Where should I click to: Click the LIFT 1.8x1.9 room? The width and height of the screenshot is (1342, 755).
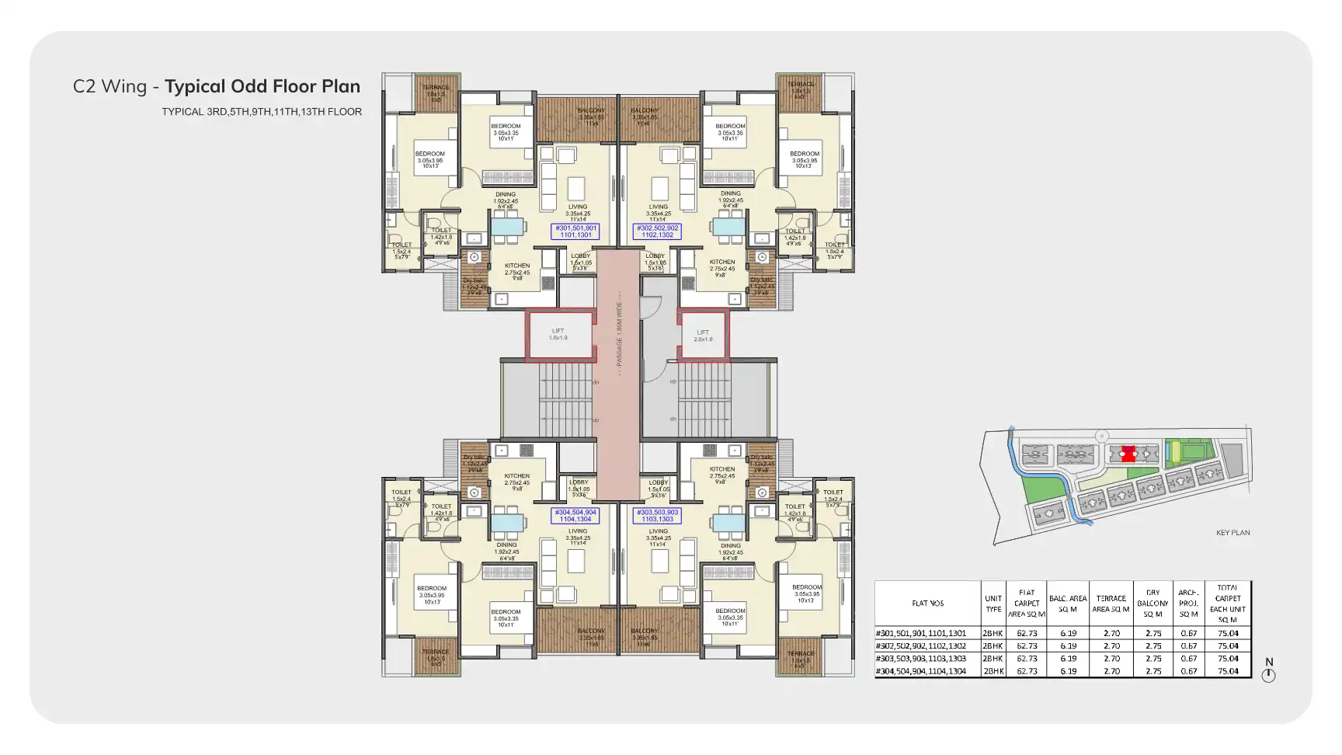tap(558, 335)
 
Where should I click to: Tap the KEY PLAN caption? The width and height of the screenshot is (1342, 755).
tap(1232, 533)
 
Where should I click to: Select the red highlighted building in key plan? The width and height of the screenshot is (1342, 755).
tap(1128, 454)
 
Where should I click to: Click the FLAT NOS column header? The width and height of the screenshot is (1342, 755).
tap(927, 604)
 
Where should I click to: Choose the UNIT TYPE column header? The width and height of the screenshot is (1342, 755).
tap(993, 604)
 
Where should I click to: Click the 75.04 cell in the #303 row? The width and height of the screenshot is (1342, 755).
tap(1228, 659)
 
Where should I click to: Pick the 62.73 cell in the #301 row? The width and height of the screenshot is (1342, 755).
tap(1027, 634)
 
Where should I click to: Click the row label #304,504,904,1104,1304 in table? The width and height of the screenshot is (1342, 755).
tap(921, 671)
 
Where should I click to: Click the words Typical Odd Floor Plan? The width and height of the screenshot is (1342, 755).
tap(262, 86)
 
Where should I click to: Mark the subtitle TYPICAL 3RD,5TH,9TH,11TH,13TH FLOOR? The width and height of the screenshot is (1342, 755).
tap(262, 112)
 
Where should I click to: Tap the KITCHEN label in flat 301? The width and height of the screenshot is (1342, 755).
tap(516, 266)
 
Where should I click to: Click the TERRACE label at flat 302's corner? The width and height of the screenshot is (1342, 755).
tap(801, 85)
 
